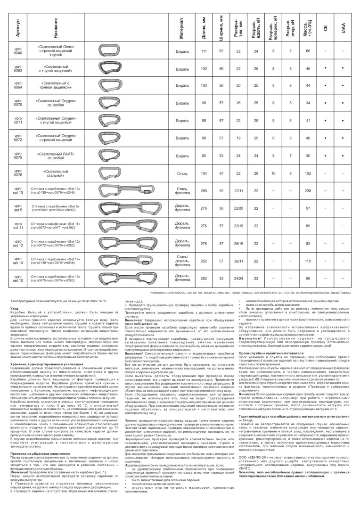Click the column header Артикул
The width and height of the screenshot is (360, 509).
click(x=17, y=29)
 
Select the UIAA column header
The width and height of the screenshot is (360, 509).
click(x=342, y=29)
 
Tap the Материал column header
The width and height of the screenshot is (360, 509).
click(x=181, y=29)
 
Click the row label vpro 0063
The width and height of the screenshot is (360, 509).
click(x=17, y=70)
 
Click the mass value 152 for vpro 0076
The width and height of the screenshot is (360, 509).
click(x=308, y=173)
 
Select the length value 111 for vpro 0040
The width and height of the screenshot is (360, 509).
click(x=204, y=51)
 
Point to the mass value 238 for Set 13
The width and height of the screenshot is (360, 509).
click(x=308, y=190)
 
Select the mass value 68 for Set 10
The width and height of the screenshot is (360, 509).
click(x=308, y=278)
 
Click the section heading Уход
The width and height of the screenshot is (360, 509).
click(x=14, y=308)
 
